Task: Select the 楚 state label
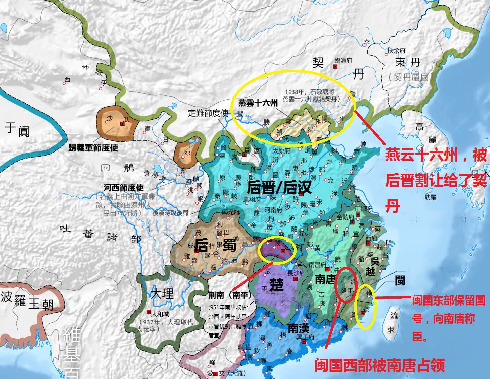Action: click(x=276, y=285)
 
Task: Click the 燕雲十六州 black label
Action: click(x=258, y=102)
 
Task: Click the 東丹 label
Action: click(x=407, y=62)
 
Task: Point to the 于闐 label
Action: click(x=18, y=130)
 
